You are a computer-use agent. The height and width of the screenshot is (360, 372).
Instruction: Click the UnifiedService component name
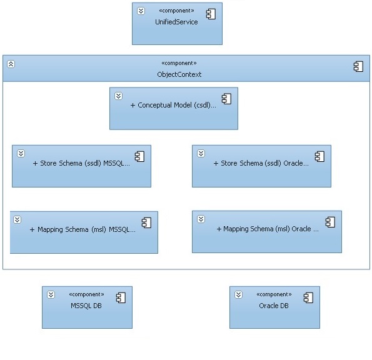click(176, 22)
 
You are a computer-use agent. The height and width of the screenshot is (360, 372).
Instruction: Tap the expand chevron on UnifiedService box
click(141, 11)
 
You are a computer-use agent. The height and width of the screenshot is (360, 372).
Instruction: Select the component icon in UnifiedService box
click(211, 14)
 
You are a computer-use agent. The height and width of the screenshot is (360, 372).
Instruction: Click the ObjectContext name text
click(179, 74)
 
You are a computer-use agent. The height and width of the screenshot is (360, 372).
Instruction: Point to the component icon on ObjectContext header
click(358, 66)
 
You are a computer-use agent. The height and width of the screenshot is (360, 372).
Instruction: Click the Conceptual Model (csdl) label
click(173, 105)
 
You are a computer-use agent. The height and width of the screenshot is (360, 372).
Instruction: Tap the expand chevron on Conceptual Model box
click(118, 96)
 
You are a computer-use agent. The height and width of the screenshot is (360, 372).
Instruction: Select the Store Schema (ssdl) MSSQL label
click(81, 163)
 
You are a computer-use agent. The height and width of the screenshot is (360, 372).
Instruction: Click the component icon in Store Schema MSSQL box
click(139, 156)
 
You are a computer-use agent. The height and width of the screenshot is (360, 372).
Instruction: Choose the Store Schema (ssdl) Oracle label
click(261, 163)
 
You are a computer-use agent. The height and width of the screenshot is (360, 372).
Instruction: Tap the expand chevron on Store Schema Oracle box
click(201, 154)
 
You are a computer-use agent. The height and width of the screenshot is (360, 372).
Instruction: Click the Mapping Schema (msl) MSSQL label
click(83, 229)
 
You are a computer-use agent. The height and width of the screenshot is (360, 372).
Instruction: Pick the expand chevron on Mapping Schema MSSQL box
click(17, 219)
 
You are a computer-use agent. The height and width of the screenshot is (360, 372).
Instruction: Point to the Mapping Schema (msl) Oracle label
click(268, 229)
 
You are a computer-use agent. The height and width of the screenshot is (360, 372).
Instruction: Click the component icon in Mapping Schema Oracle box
click(330, 222)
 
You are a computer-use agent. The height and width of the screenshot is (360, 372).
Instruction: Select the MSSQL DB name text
click(86, 306)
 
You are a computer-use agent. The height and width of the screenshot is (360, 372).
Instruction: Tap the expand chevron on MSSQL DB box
click(51, 295)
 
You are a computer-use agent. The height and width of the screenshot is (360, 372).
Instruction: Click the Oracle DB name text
click(274, 306)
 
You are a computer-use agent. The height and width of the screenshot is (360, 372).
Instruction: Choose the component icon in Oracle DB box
click(308, 298)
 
